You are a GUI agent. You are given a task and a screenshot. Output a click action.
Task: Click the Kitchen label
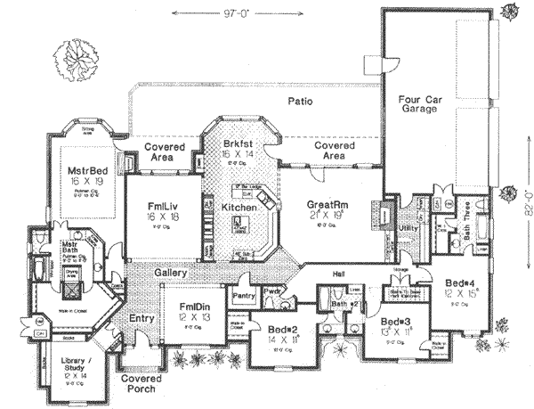(x=239, y=207)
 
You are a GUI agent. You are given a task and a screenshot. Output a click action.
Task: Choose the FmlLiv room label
(x=166, y=208)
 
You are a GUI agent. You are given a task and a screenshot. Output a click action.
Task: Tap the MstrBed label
(x=86, y=171)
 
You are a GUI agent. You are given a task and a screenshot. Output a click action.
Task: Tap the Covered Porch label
(x=139, y=383)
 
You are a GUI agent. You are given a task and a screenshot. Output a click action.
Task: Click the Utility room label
(x=409, y=228)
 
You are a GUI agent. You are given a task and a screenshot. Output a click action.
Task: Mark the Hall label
(x=339, y=274)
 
